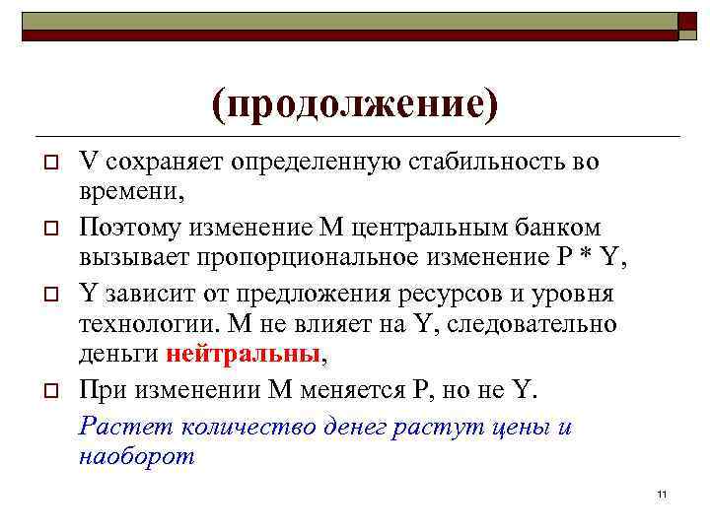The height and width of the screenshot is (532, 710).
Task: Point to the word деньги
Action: pyautogui.click(x=118, y=354)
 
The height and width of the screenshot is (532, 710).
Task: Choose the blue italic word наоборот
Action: pyautogui.click(x=136, y=455)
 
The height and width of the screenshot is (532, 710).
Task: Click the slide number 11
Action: pyautogui.click(x=662, y=495)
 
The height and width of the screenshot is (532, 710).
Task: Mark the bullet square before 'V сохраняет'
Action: pyautogui.click(x=47, y=162)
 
